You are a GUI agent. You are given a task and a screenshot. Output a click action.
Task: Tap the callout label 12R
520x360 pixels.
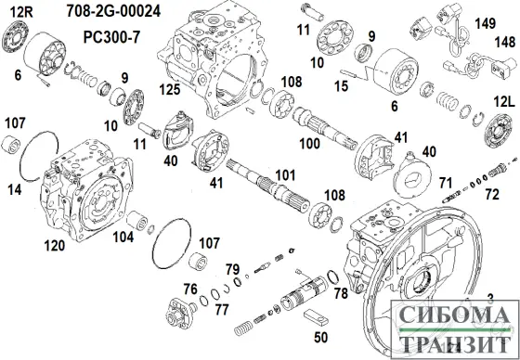pos(20,11)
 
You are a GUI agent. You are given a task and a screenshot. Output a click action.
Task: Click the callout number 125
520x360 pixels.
pos(168,91)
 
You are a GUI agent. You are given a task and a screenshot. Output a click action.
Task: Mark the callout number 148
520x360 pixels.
pos(504,42)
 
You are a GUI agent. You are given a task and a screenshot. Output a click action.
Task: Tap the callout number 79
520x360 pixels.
pos(233,269)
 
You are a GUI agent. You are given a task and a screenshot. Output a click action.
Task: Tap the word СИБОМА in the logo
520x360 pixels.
pos(457,318)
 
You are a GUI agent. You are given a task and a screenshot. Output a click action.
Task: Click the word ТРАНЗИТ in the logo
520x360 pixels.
pos(457,344)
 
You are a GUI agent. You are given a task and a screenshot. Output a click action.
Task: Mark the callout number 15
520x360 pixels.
pos(341,86)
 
